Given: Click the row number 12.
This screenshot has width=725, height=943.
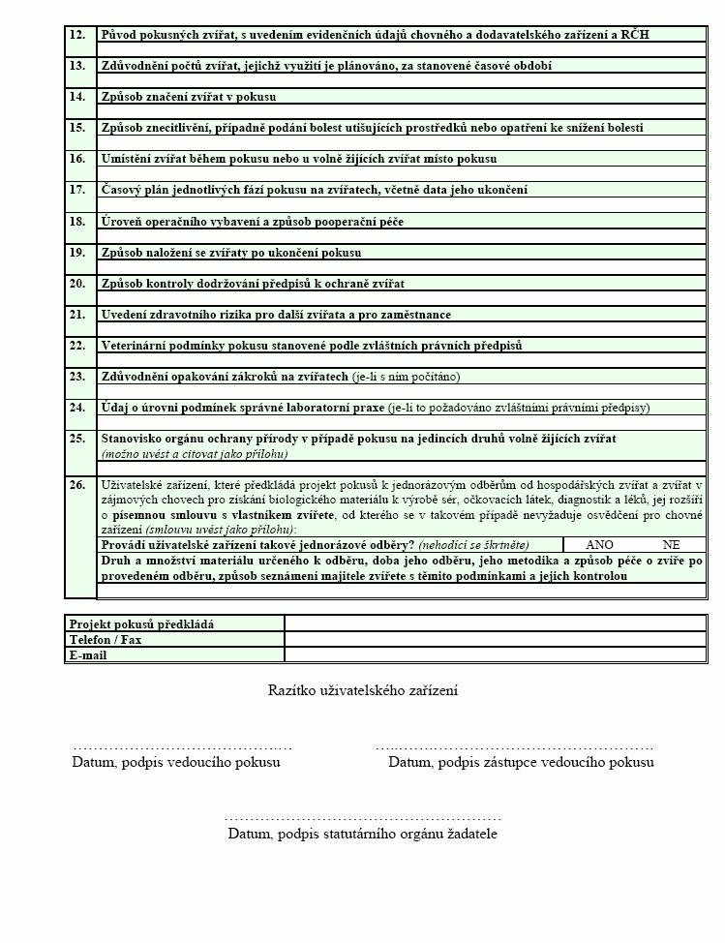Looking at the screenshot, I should pos(77,35).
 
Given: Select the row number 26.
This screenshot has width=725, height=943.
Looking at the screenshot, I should pos(77,484).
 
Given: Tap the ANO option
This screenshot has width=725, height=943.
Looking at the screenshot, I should pos(600,545).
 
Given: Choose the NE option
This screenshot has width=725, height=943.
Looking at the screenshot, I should pos(672,545).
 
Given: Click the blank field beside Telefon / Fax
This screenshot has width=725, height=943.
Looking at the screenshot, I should pos(495,640).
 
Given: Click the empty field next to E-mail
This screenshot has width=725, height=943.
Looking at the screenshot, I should pos(495,655).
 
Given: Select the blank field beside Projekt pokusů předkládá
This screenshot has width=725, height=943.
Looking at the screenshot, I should pos(495,624).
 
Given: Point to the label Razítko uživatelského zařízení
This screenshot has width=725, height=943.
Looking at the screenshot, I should pos(363,690).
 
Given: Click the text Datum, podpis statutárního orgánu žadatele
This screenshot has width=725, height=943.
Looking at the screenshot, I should pos(363,834).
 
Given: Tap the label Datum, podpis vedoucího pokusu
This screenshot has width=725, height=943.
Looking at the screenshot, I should pos(176,762).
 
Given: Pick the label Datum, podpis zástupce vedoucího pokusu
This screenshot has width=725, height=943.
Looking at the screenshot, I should pos(521,762).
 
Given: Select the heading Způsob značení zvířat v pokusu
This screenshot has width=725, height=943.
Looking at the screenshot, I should pos(189,97).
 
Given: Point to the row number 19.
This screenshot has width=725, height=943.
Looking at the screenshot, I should pos(77,253).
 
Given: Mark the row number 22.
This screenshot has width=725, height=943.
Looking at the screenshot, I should pos(77,346).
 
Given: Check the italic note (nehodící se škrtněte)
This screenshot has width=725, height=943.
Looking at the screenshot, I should pos(474,545).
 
